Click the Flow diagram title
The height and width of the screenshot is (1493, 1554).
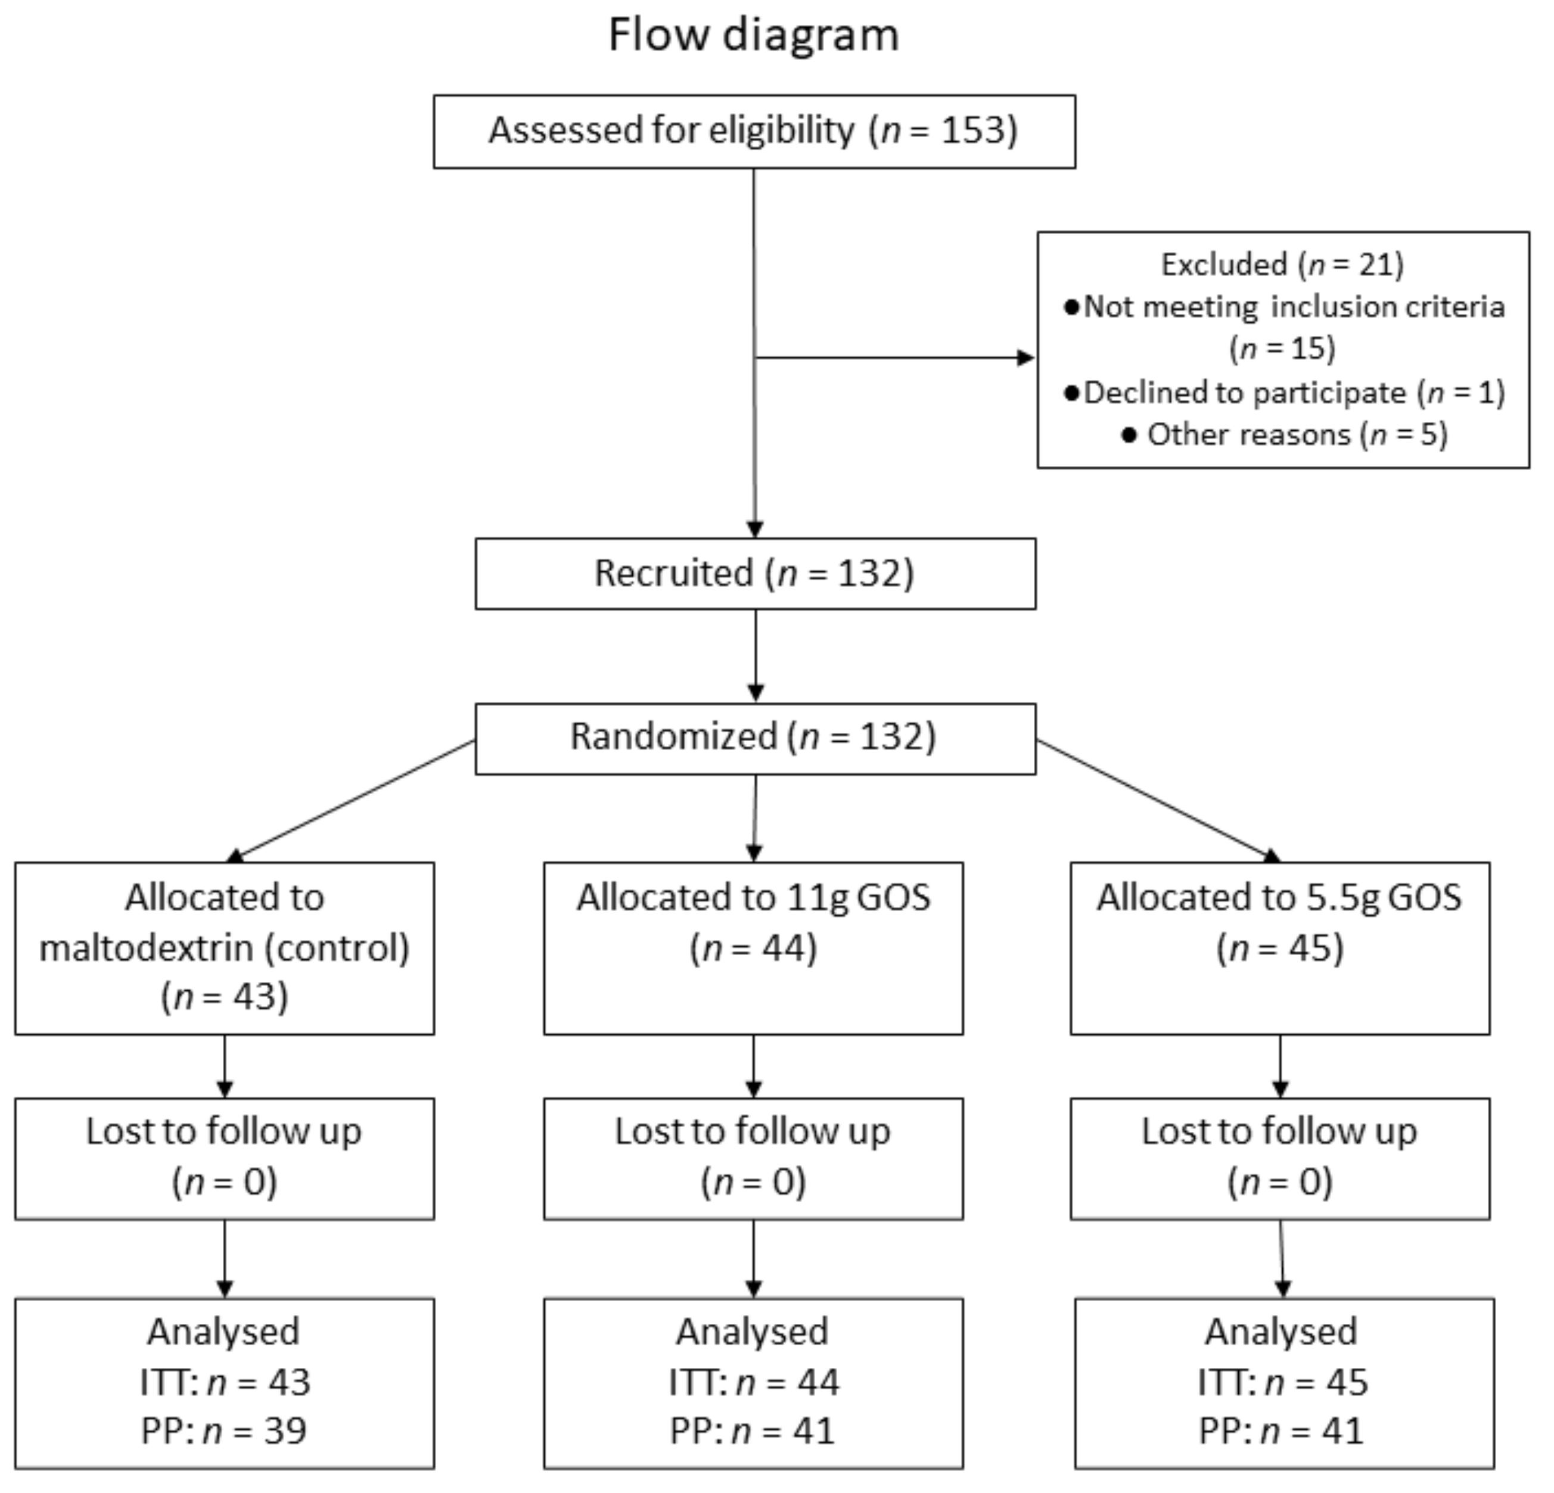coord(753,36)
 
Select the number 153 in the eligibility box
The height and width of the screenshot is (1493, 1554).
coord(973,130)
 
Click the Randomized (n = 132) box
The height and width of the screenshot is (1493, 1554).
coord(755,738)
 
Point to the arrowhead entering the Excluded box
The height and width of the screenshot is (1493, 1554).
coord(1026,357)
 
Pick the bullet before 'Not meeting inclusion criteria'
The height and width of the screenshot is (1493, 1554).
coord(1071,307)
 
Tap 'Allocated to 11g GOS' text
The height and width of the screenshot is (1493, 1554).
coord(753,898)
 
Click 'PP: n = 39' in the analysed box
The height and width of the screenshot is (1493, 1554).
coord(225,1431)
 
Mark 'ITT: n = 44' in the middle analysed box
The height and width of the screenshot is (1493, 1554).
coord(753,1383)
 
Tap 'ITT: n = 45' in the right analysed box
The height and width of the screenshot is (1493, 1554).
coord(1283,1383)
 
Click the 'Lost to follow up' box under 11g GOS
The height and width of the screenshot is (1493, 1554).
coord(753,1158)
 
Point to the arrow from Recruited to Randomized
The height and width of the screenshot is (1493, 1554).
coord(756,657)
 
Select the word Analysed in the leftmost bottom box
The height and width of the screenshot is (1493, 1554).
coord(223,1333)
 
